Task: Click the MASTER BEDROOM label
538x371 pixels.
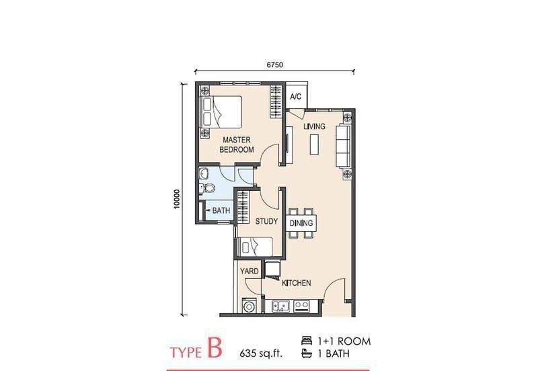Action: [237, 145]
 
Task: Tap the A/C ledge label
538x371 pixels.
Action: [296, 97]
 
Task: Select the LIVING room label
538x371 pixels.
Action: [314, 126]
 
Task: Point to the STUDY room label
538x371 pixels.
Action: [266, 222]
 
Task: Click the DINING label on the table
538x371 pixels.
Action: [301, 223]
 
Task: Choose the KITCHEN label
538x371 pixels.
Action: [297, 283]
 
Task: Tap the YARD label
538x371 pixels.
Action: [249, 272]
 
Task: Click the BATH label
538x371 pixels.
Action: [221, 210]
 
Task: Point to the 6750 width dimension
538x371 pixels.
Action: [275, 65]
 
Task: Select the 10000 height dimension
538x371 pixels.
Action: [176, 199]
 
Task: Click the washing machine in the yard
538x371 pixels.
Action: [249, 306]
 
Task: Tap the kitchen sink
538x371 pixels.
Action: [280, 306]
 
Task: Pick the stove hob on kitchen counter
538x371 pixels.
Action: [301, 306]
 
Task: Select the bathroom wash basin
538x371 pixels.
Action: [204, 173]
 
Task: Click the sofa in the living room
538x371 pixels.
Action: [343, 147]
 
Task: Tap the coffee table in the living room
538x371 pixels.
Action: [314, 145]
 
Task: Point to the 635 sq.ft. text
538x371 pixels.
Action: [262, 353]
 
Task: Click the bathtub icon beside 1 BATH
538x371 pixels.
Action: [307, 353]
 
